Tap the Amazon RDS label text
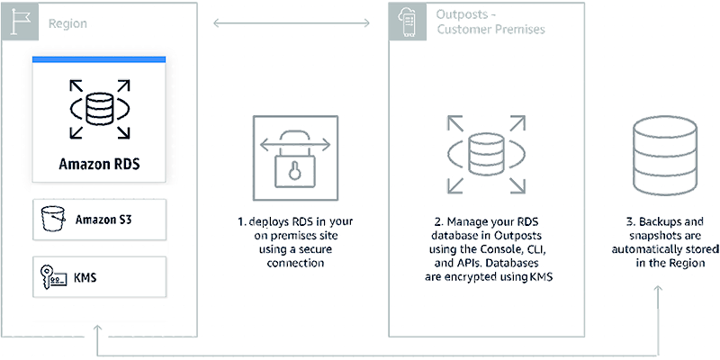98,165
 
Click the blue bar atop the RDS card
98,59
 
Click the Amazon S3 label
106,219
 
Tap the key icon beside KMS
49,275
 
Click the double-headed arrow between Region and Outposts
292,21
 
